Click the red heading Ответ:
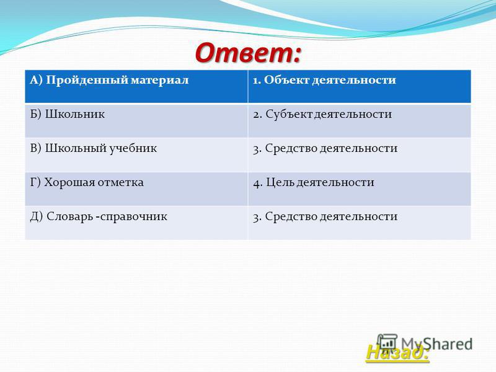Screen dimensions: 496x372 click(x=247, y=52)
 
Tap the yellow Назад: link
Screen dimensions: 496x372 click(x=397, y=352)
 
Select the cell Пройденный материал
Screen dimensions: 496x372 click(x=136, y=86)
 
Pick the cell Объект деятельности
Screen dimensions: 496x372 click(x=360, y=86)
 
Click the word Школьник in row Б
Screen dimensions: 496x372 click(x=74, y=114)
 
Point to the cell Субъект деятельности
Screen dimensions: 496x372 click(x=360, y=120)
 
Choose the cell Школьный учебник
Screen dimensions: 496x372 click(x=136, y=155)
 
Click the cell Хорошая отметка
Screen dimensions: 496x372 click(x=136, y=189)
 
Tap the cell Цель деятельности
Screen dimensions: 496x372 click(x=360, y=189)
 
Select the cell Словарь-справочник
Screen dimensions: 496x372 click(x=136, y=223)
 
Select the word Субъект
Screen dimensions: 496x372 click(x=288, y=114)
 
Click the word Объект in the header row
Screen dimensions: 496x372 click(x=286, y=80)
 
